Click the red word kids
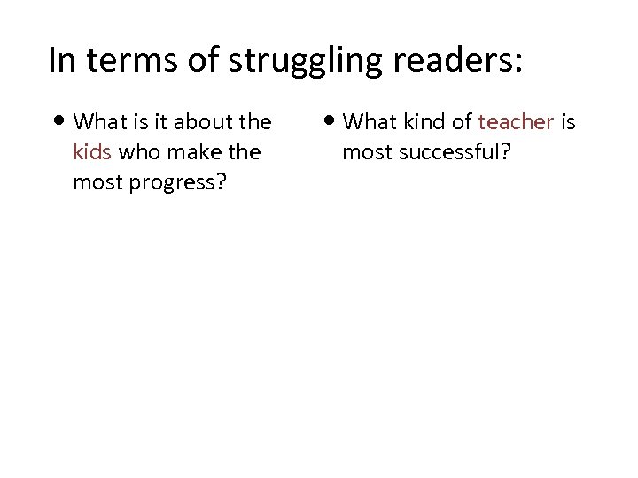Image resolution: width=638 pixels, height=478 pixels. [x=92, y=152]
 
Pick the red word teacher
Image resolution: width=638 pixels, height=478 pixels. [x=516, y=121]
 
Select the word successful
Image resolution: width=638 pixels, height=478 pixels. [x=453, y=152]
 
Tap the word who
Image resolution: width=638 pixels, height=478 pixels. [x=138, y=152]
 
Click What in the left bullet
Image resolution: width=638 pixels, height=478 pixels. [x=100, y=121]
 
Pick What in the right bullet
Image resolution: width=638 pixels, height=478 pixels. [x=369, y=121]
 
